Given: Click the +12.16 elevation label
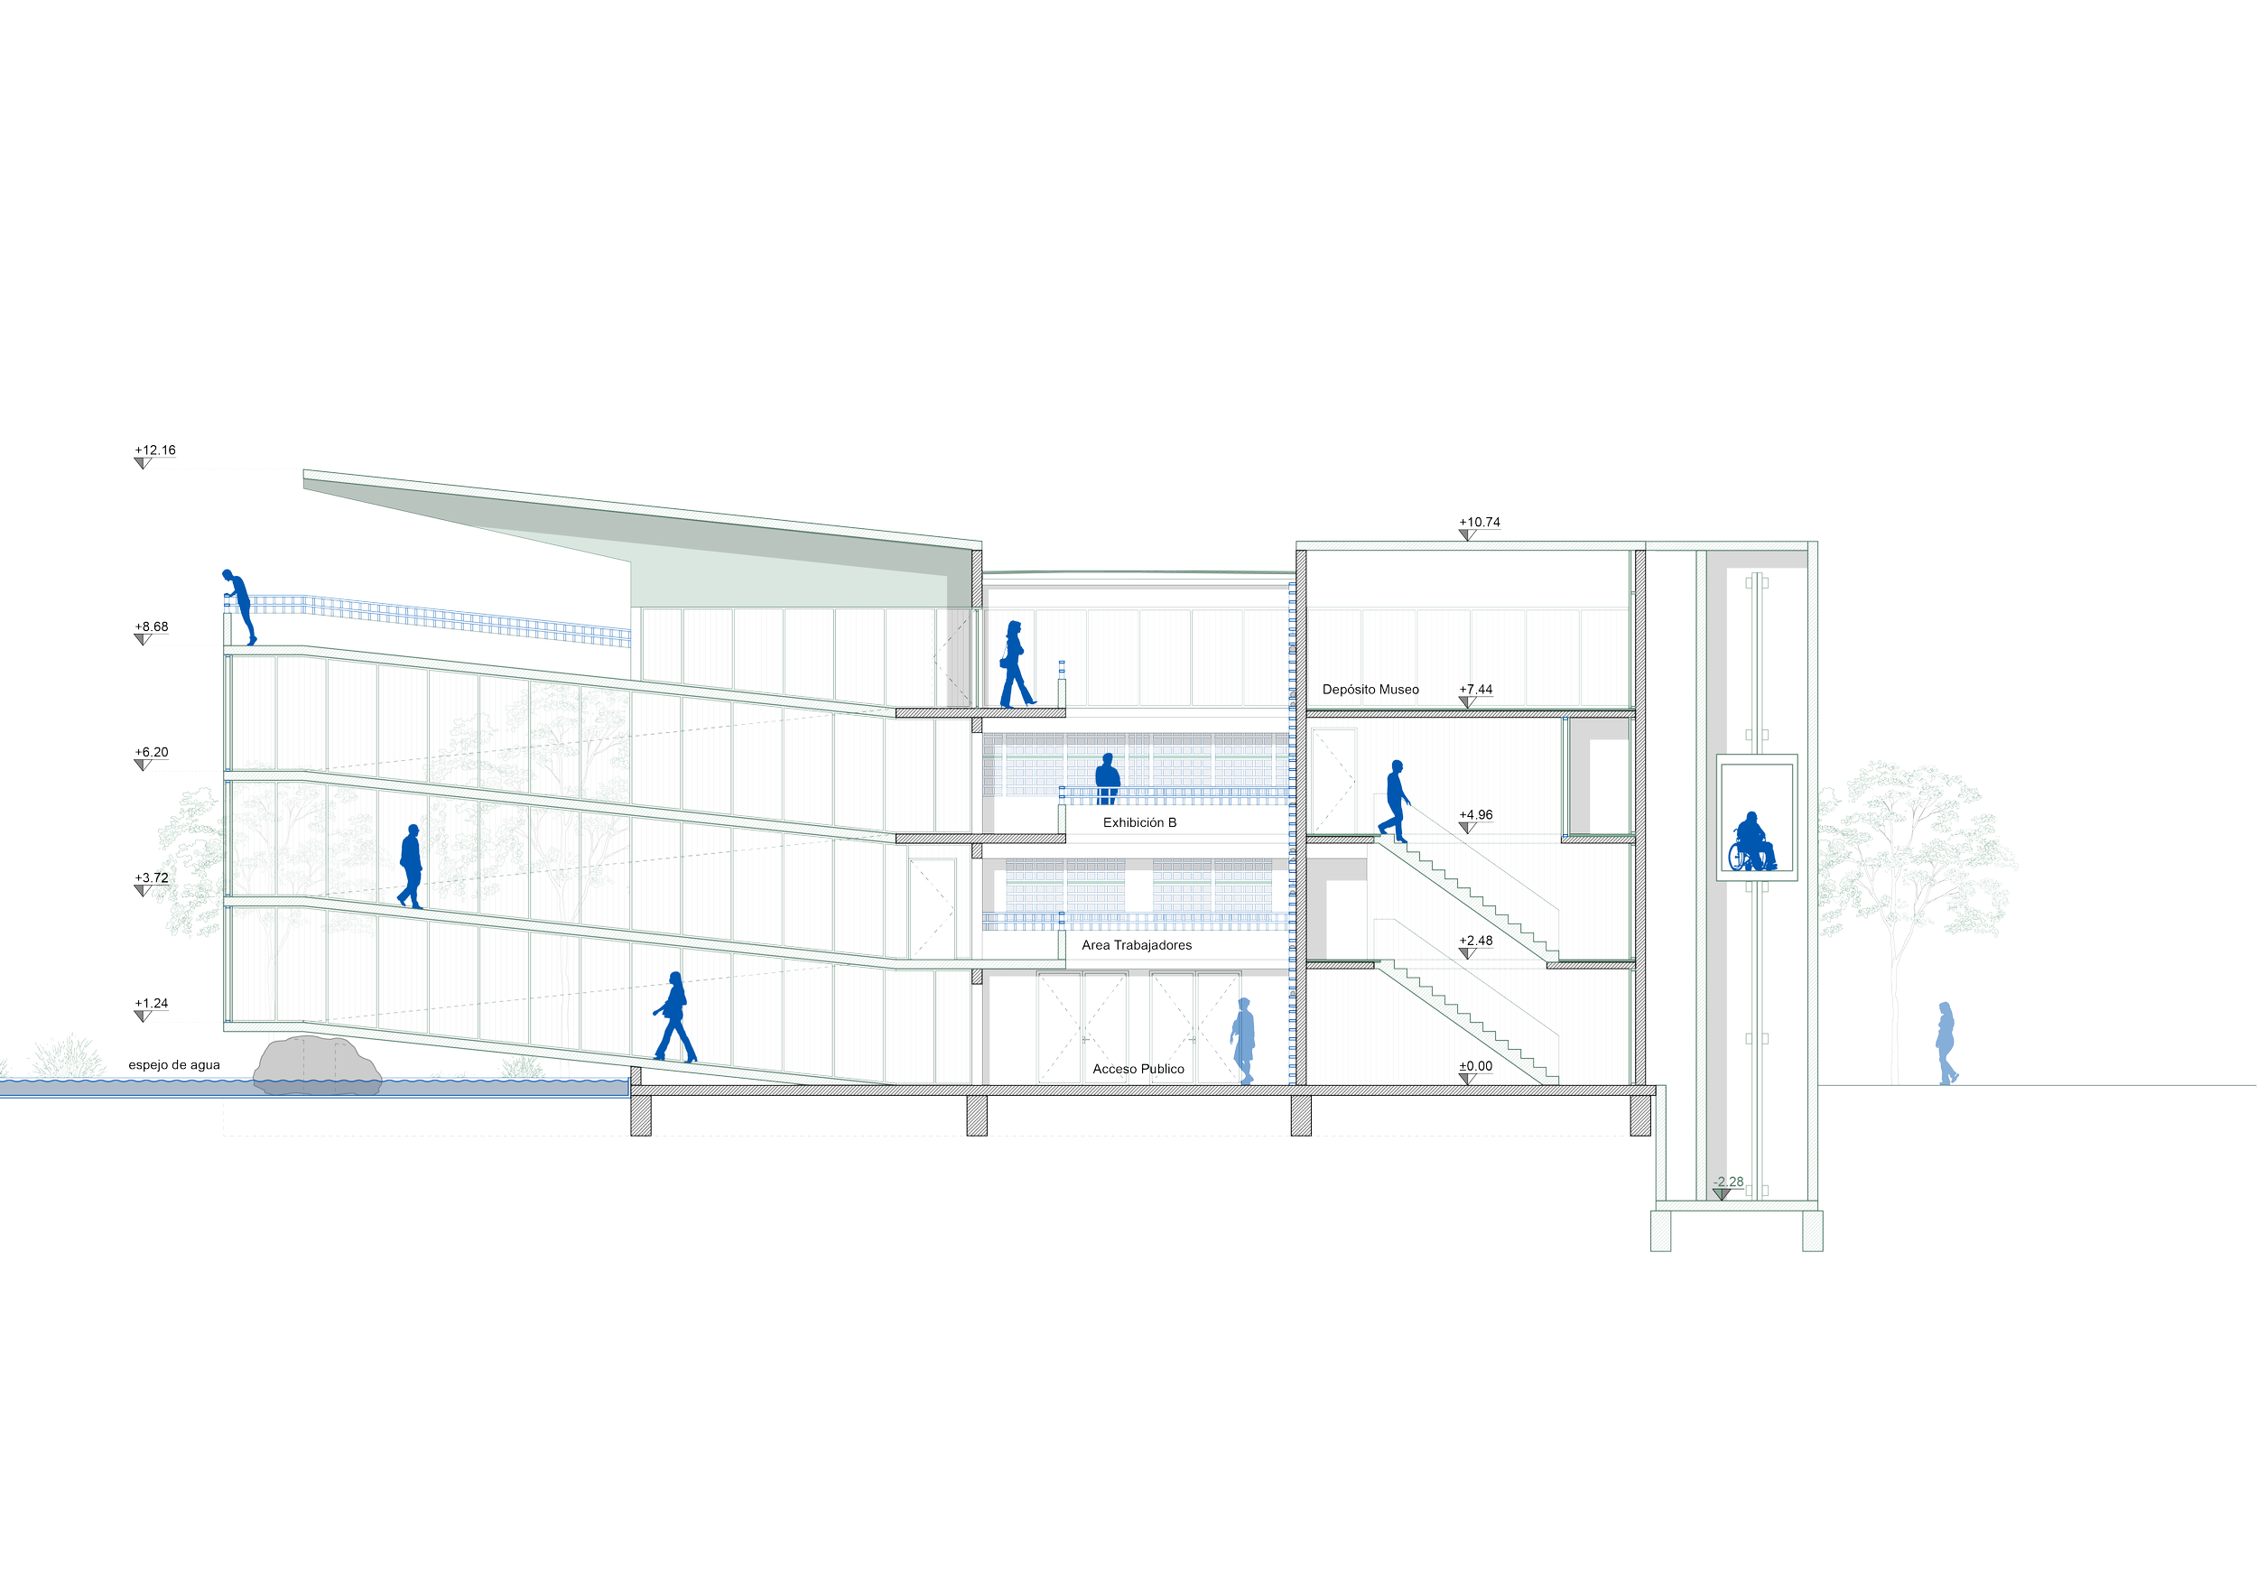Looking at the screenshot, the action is coord(155,451).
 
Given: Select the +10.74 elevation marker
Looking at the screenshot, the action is coord(1480,523).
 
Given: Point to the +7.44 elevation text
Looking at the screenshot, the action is coord(1475,690).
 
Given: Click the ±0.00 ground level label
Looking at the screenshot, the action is coord(1475,1066).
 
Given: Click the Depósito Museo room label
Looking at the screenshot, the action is coord(1370,690).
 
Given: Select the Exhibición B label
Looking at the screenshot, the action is coord(1139,822).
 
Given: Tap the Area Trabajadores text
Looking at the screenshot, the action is coord(1137,945).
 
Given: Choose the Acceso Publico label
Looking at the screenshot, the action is coord(1138,1069).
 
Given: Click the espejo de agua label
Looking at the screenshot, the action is coord(174,1065).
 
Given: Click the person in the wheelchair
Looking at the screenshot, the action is coord(1751,842).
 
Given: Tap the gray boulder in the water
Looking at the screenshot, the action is coord(317,1064).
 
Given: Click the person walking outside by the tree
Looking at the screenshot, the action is coord(1946,1043).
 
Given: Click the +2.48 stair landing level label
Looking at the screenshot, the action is coord(1475,942).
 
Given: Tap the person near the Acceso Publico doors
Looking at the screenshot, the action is coord(1243,1041).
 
